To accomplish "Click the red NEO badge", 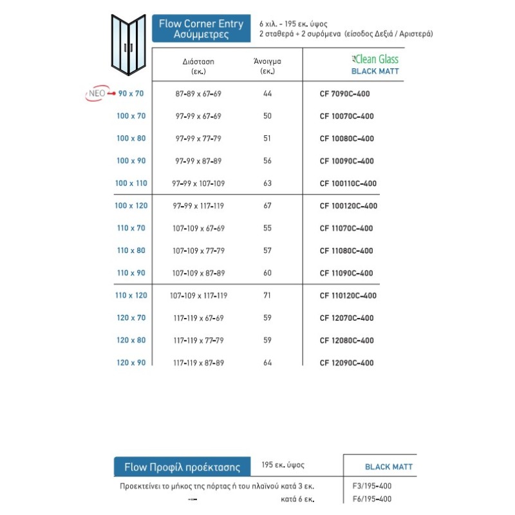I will coord(97,94).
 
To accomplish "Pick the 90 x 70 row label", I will coord(131,94).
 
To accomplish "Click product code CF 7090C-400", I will coord(344,94).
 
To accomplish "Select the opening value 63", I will coord(268,183).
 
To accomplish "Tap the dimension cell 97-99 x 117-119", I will coord(198,206).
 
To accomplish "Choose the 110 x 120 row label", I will coord(131,295).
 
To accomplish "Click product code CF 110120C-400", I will coord(348,295).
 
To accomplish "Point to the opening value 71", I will coord(268,295).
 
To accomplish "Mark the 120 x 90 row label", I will coord(131,363).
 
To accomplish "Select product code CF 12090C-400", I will coord(346,363).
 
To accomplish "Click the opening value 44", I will coord(268,94).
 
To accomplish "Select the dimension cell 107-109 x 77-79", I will coord(198,251).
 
